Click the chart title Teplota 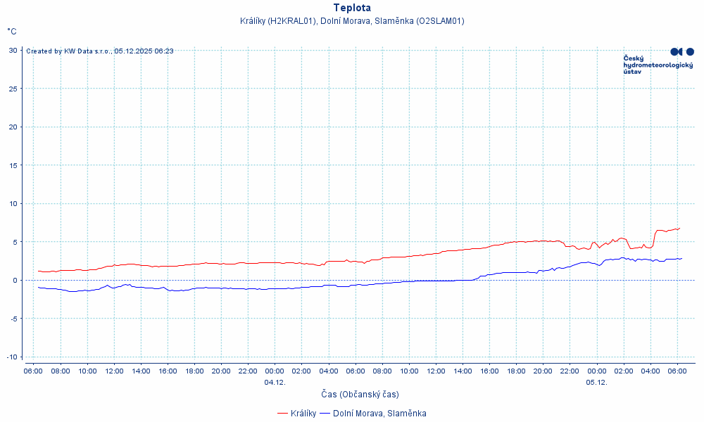(x=352, y=8)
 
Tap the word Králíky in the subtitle (x=254, y=21)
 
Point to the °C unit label (x=12, y=32)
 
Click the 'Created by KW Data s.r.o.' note (x=69, y=51)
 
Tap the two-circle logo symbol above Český (x=682, y=51)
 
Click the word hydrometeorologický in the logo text (x=658, y=65)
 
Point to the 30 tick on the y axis (x=13, y=50)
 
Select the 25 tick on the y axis (x=13, y=89)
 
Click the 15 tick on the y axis (x=13, y=165)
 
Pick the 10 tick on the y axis (x=13, y=204)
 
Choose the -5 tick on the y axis (x=13, y=319)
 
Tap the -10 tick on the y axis (x=12, y=357)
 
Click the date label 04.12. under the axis (x=275, y=383)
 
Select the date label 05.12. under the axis (x=596, y=383)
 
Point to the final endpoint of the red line (x=680, y=228)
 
